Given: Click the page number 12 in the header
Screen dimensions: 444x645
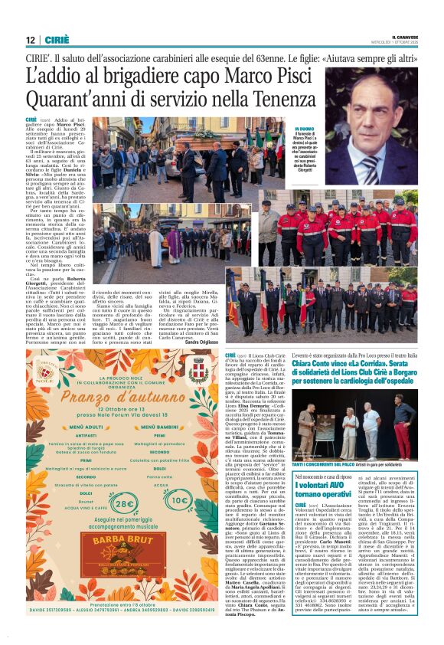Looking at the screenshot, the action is [30, 39].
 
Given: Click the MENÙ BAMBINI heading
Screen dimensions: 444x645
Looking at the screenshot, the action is [175, 427].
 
